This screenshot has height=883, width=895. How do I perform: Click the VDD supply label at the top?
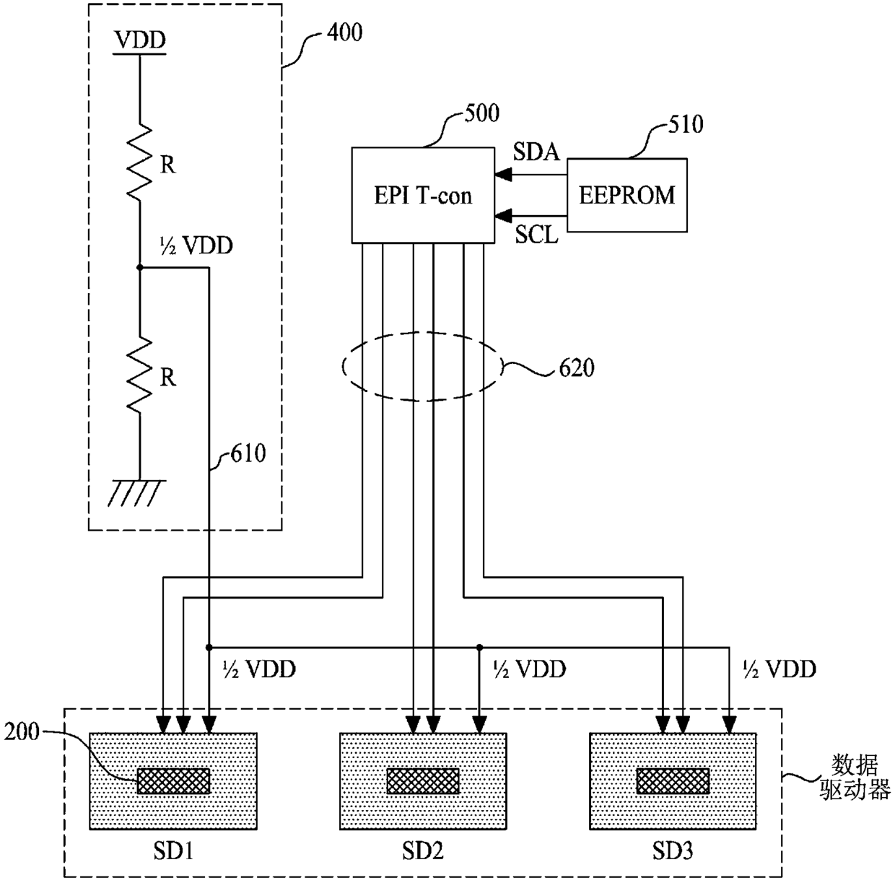[140, 40]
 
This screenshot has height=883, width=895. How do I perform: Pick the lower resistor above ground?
[140, 375]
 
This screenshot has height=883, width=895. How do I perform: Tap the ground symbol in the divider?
[137, 493]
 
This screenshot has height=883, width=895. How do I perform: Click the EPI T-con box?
[423, 195]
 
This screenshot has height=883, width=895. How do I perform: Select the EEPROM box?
[627, 195]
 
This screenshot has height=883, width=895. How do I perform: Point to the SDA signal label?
[536, 152]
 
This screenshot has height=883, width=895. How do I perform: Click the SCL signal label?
[536, 235]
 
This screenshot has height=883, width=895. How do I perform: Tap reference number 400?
[344, 32]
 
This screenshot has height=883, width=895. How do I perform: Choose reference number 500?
[481, 113]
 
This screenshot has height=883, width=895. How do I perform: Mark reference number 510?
[686, 124]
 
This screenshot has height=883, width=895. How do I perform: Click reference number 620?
[577, 368]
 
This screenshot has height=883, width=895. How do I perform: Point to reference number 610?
[248, 453]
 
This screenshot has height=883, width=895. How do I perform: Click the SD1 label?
[173, 851]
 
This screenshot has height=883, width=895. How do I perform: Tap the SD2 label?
[423, 851]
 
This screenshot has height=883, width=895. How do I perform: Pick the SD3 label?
[673, 851]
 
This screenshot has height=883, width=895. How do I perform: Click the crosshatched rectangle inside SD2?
[423, 780]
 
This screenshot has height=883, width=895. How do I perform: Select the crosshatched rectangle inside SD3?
[673, 780]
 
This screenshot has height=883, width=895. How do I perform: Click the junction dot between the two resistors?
[140, 268]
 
